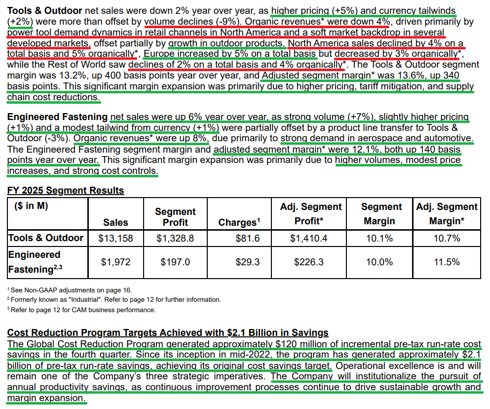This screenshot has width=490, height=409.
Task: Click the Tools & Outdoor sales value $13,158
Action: click(x=115, y=239)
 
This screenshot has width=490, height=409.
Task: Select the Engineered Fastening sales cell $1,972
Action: click(x=115, y=262)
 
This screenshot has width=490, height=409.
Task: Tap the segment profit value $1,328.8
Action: click(x=175, y=239)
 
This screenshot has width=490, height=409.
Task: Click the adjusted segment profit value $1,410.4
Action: click(x=308, y=239)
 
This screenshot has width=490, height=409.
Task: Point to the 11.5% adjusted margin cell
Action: click(x=447, y=262)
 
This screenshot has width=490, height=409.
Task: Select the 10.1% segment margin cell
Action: click(x=379, y=239)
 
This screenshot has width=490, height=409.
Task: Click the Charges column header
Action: click(x=239, y=223)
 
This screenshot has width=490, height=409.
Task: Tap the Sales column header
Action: click(x=115, y=223)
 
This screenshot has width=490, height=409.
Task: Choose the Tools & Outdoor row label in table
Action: click(x=46, y=238)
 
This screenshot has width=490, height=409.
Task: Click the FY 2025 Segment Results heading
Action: click(x=66, y=191)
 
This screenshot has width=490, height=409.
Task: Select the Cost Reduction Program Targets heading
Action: click(x=168, y=333)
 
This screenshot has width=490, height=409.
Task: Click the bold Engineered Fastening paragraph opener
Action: click(x=57, y=117)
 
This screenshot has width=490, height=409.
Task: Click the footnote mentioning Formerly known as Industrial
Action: click(x=114, y=300)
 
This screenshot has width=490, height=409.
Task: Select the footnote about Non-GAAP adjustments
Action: click(x=70, y=290)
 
